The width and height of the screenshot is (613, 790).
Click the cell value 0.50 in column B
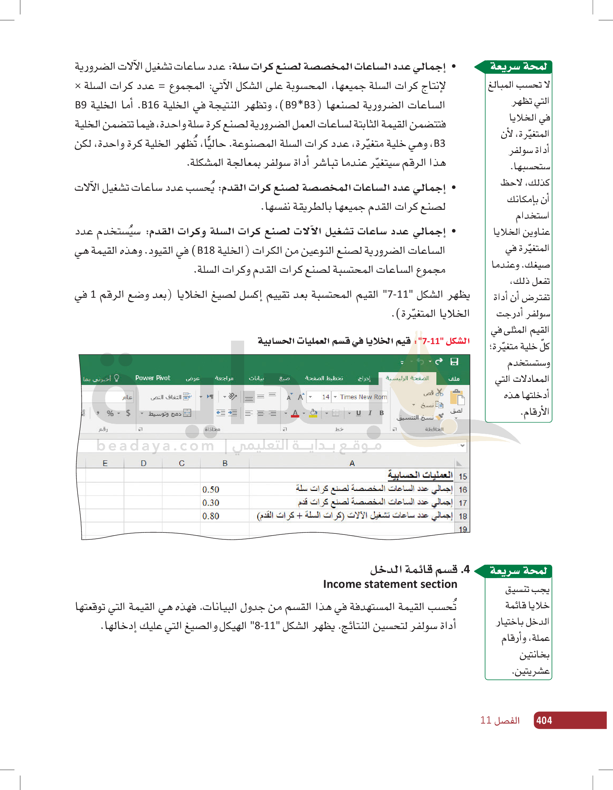211,490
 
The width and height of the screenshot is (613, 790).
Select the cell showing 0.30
211,503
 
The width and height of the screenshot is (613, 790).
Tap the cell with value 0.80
211,516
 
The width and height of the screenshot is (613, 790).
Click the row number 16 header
462,490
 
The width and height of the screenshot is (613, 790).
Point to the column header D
143,463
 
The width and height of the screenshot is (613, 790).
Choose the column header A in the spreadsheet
352,463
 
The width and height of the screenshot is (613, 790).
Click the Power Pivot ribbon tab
153,378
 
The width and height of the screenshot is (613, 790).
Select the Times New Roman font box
363,397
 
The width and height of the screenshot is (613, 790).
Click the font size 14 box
325,397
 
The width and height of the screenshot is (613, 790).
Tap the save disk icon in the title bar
454,361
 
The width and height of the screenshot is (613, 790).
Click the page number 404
544,720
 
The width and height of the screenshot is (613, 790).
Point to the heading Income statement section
390,584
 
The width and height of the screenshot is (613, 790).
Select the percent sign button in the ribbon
110,413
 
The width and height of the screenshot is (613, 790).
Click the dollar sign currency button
128,413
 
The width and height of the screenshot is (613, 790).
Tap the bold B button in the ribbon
381,413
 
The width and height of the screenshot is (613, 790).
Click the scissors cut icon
439,392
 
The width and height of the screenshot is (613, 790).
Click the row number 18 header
462,517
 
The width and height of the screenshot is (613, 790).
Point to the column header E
105,463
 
